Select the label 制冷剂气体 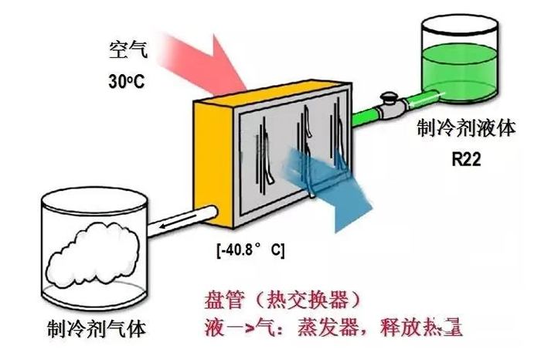coord(95,330)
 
